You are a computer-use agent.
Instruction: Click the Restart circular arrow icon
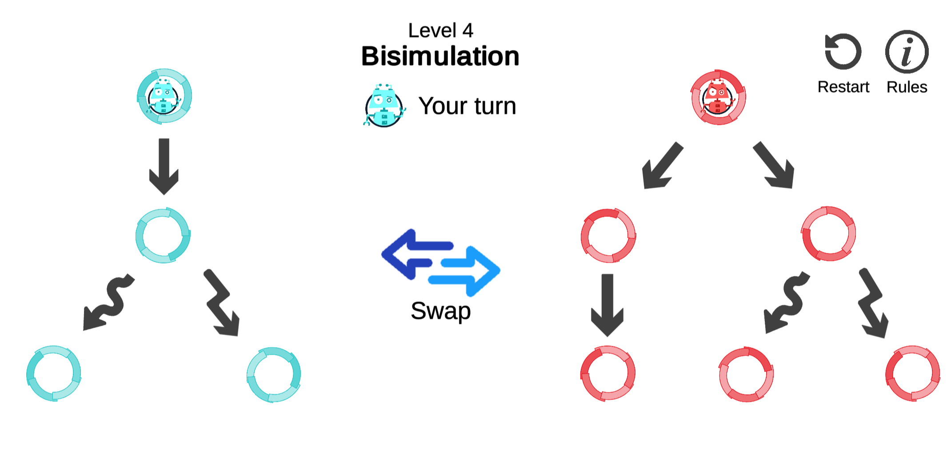pyautogui.click(x=843, y=52)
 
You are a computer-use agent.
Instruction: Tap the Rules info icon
pyautogui.click(x=907, y=52)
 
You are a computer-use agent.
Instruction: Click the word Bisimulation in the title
pyautogui.click(x=440, y=56)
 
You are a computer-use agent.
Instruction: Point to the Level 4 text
pyautogui.click(x=440, y=31)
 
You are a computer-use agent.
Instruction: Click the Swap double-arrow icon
pyautogui.click(x=440, y=262)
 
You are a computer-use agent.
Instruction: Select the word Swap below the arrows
pyautogui.click(x=440, y=311)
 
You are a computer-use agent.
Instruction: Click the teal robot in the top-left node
pyautogui.click(x=164, y=96)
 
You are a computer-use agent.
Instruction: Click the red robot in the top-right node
pyautogui.click(x=718, y=97)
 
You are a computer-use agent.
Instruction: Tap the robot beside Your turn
pyautogui.click(x=384, y=106)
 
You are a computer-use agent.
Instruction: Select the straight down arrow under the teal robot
pyautogui.click(x=164, y=166)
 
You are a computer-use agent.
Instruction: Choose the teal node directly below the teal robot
pyautogui.click(x=163, y=235)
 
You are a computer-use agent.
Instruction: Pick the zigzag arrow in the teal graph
pyautogui.click(x=222, y=302)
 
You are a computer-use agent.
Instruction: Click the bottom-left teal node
pyautogui.click(x=54, y=373)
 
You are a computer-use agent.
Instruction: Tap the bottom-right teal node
pyautogui.click(x=274, y=375)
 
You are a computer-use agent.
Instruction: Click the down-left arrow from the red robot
pyautogui.click(x=663, y=166)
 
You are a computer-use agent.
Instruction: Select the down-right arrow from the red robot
pyautogui.click(x=774, y=165)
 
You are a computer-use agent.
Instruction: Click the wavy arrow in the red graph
pyautogui.click(x=787, y=302)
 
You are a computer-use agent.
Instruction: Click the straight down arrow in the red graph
pyautogui.click(x=607, y=305)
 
